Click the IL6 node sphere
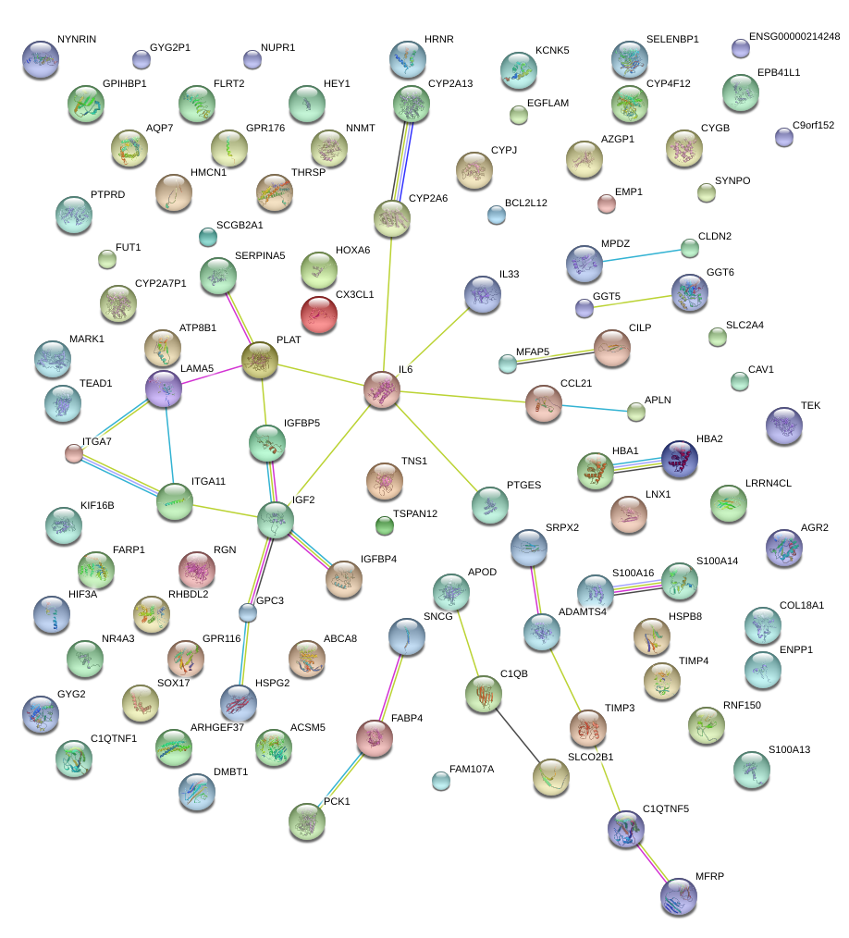click(381, 389)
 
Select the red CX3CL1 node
click(319, 315)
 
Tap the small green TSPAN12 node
click(385, 526)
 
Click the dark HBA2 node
click(680, 460)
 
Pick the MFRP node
click(679, 895)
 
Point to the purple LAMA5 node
click(164, 389)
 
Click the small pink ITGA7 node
click(74, 453)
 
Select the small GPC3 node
click(247, 612)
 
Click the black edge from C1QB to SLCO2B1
click(517, 734)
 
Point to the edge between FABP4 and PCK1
click(341, 778)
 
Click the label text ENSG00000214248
click(794, 37)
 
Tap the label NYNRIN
click(77, 40)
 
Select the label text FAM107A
click(472, 769)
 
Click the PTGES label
click(523, 485)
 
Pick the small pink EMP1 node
click(606, 204)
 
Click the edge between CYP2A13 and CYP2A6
click(402, 161)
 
